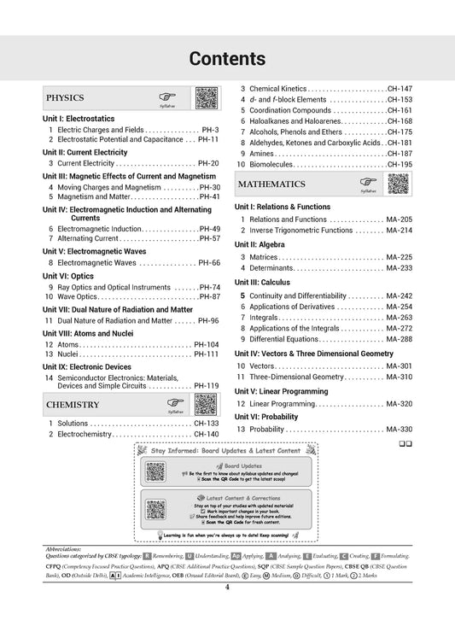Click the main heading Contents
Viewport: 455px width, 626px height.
pyautogui.click(x=227, y=58)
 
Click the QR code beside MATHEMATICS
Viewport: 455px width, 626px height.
pyautogui.click(x=397, y=184)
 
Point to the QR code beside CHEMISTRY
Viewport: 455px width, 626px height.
pyautogui.click(x=205, y=404)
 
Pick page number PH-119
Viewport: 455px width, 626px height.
pyautogui.click(x=206, y=385)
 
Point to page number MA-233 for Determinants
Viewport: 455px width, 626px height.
pyautogui.click(x=399, y=267)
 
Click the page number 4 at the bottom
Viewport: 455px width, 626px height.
pyautogui.click(x=227, y=610)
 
